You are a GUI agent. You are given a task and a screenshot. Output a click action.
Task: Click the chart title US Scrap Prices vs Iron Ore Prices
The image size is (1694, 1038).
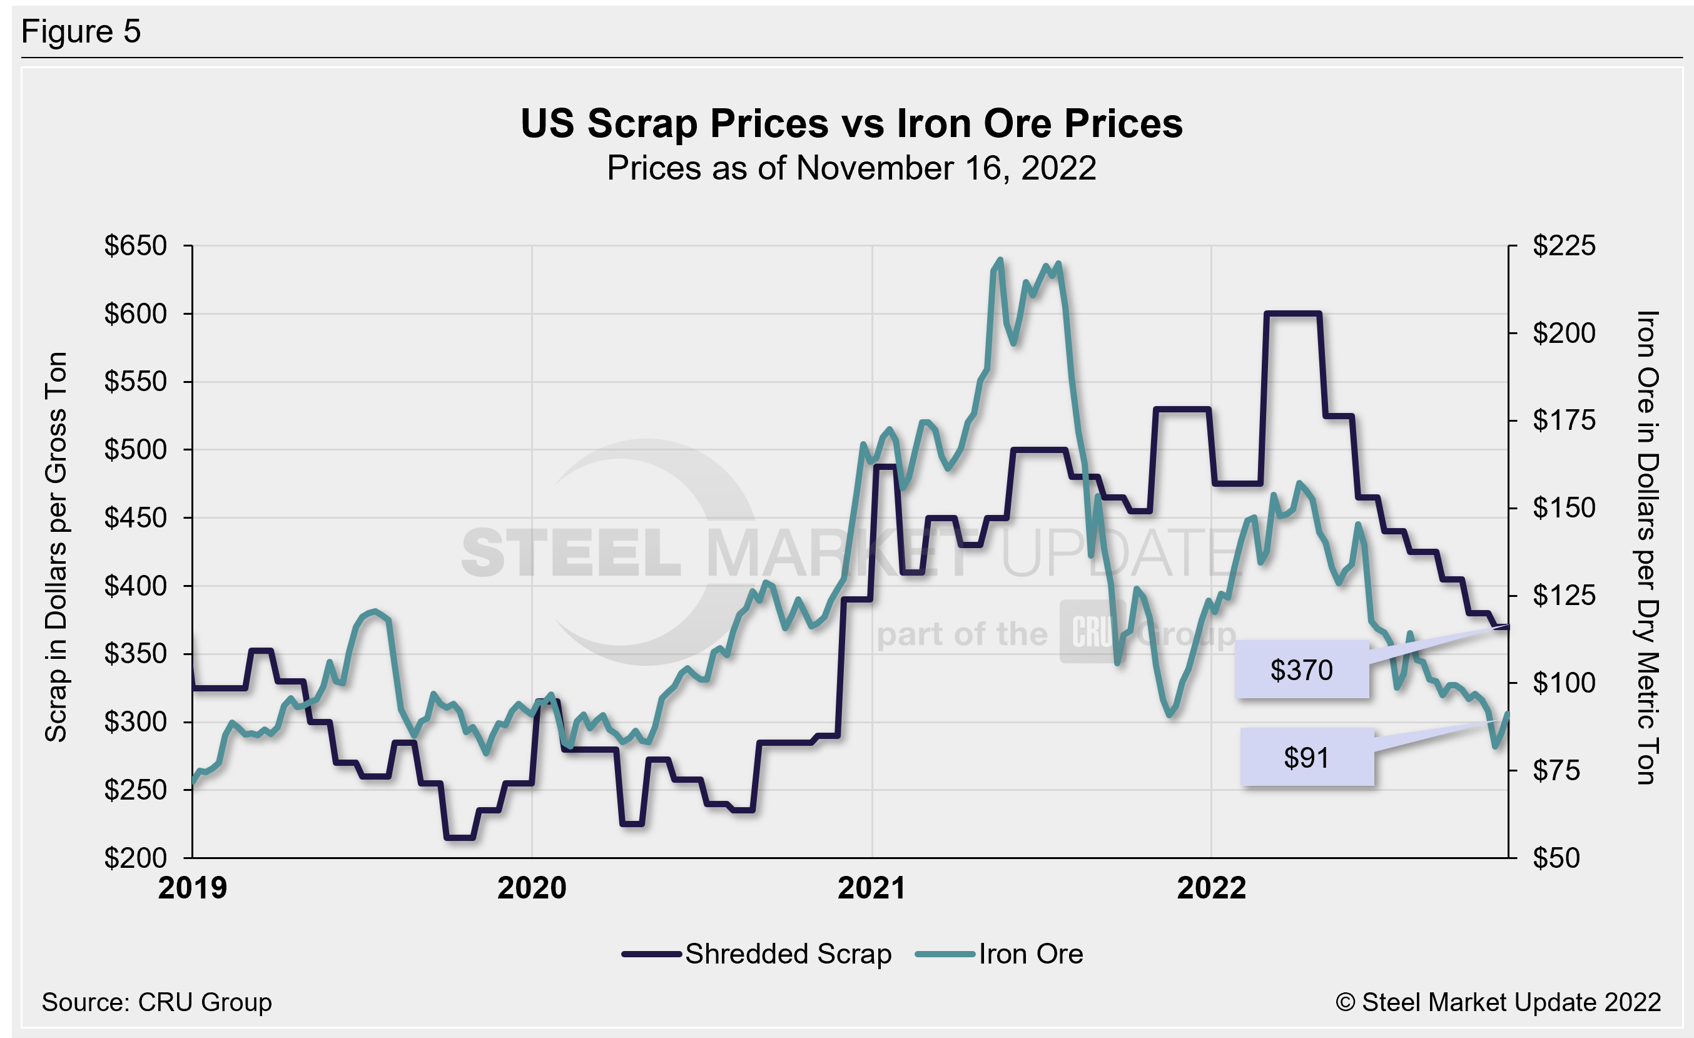point(851,124)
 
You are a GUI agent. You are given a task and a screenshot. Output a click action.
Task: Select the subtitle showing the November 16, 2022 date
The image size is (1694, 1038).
point(851,168)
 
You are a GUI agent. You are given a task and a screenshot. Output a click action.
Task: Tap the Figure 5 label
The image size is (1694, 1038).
point(81,32)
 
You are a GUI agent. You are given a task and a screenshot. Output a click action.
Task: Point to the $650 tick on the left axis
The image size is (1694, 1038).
point(136,246)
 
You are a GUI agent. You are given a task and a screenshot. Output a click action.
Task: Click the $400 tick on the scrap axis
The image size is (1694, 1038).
point(136,586)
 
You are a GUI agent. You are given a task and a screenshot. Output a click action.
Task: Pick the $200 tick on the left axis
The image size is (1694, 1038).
point(136,858)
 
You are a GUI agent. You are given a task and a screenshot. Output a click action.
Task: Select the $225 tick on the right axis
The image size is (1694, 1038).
point(1564,246)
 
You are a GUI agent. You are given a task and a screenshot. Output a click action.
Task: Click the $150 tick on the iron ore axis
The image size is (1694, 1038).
point(1564,508)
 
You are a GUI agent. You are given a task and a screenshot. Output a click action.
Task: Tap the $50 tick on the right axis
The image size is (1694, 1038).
point(1557,858)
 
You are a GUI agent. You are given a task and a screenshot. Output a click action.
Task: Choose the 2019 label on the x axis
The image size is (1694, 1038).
point(193,888)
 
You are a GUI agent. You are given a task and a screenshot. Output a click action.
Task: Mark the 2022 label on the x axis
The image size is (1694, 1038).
point(1211,888)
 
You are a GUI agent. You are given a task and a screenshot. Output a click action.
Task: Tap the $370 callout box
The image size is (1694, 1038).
point(1301,670)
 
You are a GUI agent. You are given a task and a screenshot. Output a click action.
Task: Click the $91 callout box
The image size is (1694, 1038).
point(1306,758)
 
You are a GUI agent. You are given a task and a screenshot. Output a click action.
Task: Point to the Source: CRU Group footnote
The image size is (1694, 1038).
point(157,1002)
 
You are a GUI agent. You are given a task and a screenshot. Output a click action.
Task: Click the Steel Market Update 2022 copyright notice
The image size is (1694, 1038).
point(1498,1002)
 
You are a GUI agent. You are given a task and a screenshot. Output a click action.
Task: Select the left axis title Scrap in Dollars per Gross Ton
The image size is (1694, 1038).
point(56,547)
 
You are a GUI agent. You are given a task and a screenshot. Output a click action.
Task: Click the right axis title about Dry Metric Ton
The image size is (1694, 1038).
point(1647,547)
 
